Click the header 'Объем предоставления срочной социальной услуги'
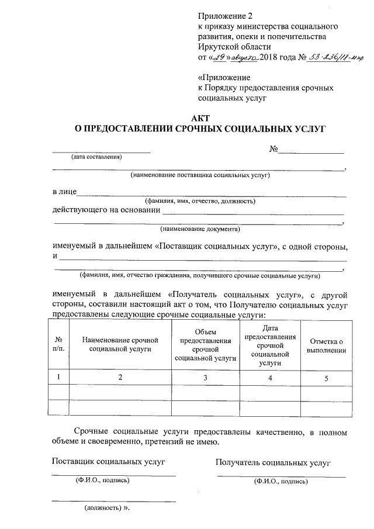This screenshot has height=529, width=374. [x=205, y=345]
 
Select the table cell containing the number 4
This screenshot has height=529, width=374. [x=269, y=378]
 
